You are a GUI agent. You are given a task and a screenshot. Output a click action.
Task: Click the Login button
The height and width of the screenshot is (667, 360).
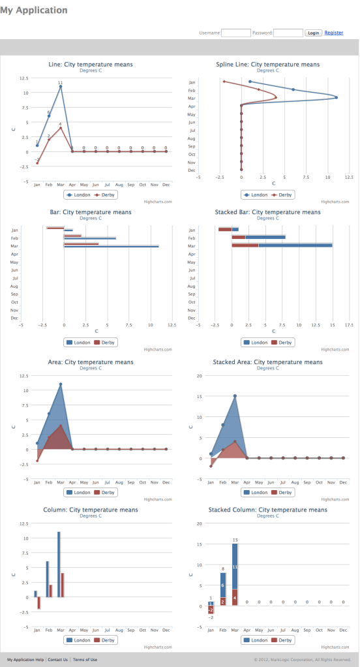click(314, 33)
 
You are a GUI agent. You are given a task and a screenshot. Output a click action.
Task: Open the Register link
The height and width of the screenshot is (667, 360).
click(334, 33)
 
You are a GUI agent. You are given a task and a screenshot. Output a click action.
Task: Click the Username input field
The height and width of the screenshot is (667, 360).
click(236, 33)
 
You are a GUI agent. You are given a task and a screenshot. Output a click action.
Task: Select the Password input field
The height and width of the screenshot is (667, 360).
click(288, 33)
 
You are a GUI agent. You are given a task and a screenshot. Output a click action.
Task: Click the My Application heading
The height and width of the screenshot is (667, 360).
click(34, 10)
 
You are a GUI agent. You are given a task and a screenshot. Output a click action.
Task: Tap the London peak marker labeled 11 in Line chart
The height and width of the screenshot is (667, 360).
click(61, 86)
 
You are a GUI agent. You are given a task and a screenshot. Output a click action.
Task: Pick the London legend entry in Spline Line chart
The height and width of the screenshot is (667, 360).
click(254, 194)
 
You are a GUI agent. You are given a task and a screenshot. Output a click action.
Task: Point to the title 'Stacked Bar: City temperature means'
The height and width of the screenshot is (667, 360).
click(267, 212)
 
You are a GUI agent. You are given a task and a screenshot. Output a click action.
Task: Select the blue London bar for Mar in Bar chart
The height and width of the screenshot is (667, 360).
click(111, 247)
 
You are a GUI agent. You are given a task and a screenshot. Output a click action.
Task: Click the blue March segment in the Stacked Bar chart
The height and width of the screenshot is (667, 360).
click(295, 245)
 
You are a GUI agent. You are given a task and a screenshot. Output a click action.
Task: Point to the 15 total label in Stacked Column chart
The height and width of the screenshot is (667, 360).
click(235, 540)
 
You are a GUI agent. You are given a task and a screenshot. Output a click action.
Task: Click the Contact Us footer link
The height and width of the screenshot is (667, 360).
click(57, 660)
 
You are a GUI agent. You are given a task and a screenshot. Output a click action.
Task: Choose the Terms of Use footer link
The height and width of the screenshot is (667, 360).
click(85, 660)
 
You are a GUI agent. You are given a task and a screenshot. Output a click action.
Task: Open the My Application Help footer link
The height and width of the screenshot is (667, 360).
click(25, 660)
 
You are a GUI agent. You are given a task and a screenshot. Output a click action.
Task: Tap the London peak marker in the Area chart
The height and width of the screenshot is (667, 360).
click(61, 384)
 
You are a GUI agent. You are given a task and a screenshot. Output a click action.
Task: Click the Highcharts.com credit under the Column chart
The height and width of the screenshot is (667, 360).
click(158, 647)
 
